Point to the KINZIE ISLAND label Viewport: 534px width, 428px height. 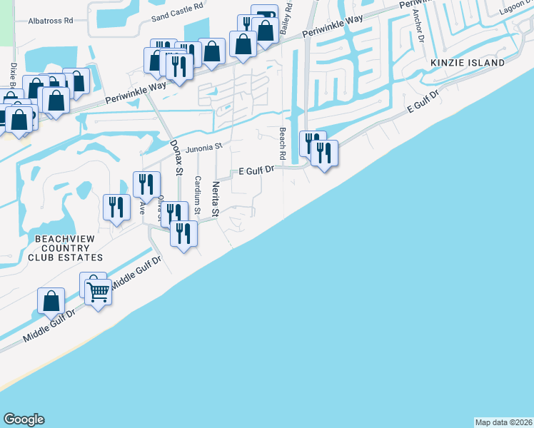coord(468,63)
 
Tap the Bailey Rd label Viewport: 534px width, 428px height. coord(286,18)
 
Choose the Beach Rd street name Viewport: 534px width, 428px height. coord(282,144)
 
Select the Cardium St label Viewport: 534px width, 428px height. coord(198,192)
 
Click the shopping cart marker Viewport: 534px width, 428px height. coord(99,290)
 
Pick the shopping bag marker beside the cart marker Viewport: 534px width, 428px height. coord(51,301)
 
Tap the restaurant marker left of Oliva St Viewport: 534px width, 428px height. coord(116,208)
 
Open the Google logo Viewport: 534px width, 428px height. coord(24,419)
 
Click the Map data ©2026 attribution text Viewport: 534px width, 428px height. coord(503,422)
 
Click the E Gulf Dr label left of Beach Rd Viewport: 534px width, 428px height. coord(256,170)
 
